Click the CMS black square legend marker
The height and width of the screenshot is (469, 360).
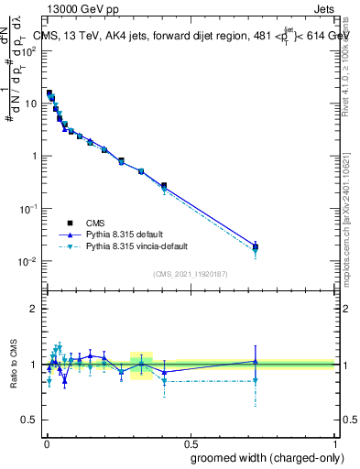click(x=70, y=223)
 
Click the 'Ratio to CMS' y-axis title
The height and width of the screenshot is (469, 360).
click(x=15, y=364)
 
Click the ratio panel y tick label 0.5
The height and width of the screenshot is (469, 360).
click(x=29, y=420)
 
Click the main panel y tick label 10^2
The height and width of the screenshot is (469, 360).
click(x=29, y=50)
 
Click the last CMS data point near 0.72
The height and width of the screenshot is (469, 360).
click(x=256, y=246)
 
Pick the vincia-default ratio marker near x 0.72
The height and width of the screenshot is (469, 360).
click(x=256, y=380)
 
